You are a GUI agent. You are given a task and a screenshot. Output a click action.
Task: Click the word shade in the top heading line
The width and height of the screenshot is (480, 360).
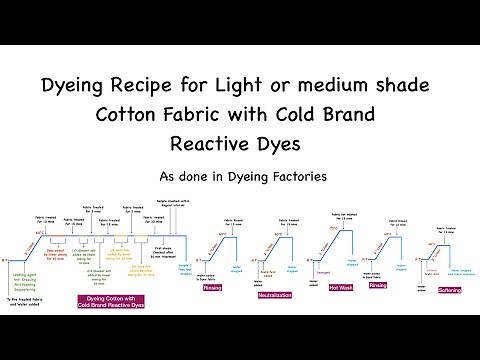[x=398, y=86]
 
